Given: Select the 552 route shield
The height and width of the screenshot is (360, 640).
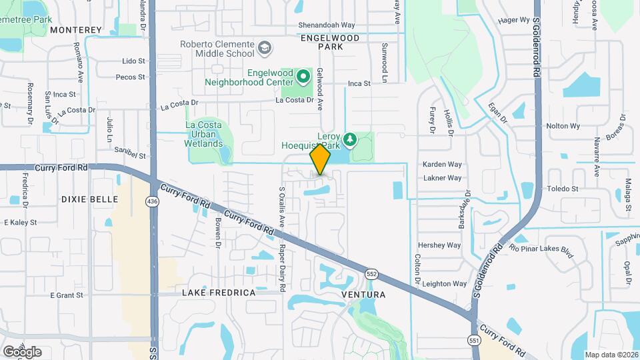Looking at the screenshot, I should (372, 274).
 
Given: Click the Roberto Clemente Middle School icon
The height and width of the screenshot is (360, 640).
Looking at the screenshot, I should (265, 48).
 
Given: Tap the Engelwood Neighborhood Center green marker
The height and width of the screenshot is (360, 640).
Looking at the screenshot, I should (303, 77).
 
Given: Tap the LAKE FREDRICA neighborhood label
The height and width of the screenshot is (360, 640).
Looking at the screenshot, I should (219, 293).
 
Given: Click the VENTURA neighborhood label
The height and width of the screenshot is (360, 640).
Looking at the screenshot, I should (363, 294).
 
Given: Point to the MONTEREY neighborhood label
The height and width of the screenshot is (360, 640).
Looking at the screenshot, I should (76, 30).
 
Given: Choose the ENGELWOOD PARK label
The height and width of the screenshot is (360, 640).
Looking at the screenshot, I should (330, 43).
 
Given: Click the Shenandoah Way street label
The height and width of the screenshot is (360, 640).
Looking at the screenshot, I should (326, 26).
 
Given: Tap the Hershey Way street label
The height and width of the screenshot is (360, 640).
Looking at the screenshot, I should (439, 245).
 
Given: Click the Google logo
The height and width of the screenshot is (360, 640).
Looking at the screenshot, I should (22, 351).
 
